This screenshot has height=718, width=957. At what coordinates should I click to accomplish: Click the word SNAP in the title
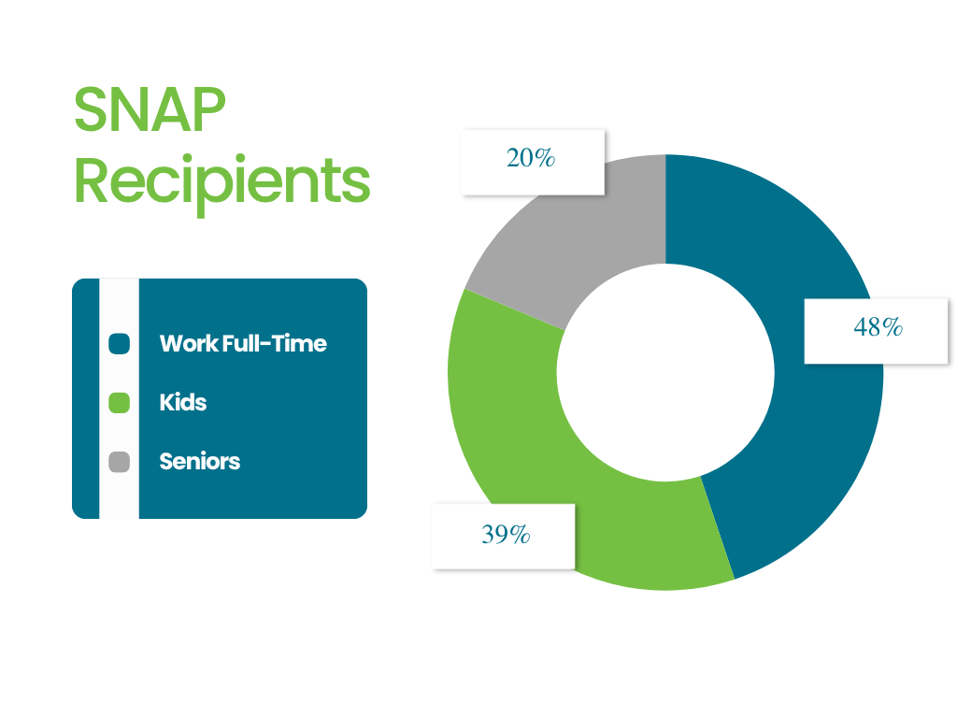pyautogui.click(x=150, y=109)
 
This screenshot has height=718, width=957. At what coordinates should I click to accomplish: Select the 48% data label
pyautogui.click(x=878, y=327)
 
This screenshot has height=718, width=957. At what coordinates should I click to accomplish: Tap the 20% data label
pyautogui.click(x=531, y=158)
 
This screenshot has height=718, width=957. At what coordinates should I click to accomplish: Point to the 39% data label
pyautogui.click(x=506, y=534)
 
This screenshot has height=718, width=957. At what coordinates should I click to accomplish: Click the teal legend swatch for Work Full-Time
pyautogui.click(x=119, y=344)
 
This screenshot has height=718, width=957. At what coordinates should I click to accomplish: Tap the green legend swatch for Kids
pyautogui.click(x=119, y=403)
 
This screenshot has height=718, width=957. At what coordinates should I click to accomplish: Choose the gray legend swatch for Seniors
pyautogui.click(x=119, y=462)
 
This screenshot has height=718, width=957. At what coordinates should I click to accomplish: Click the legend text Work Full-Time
pyautogui.click(x=243, y=344)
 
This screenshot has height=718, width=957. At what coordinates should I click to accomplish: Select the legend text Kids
pyautogui.click(x=183, y=403)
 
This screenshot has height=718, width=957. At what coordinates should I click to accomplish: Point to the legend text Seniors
pyautogui.click(x=200, y=462)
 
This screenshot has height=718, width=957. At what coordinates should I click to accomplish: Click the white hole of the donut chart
pyautogui.click(x=665, y=372)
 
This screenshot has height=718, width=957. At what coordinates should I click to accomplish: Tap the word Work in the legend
pyautogui.click(x=189, y=344)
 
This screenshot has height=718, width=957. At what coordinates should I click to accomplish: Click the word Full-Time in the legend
pyautogui.click(x=275, y=344)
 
